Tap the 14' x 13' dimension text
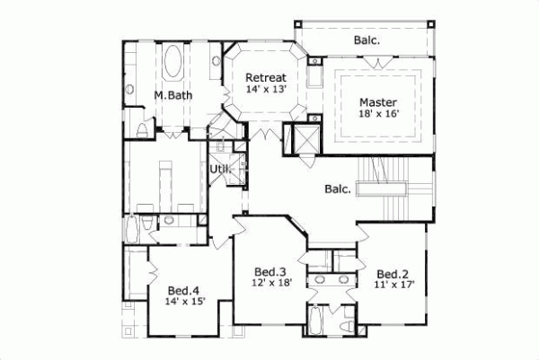click(266, 90)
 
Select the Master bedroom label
click(376, 101)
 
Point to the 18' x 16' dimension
click(376, 115)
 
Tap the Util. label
click(219, 169)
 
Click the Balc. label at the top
click(366, 40)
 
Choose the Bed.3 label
click(269, 271)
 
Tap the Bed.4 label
click(184, 290)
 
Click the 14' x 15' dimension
click(184, 302)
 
